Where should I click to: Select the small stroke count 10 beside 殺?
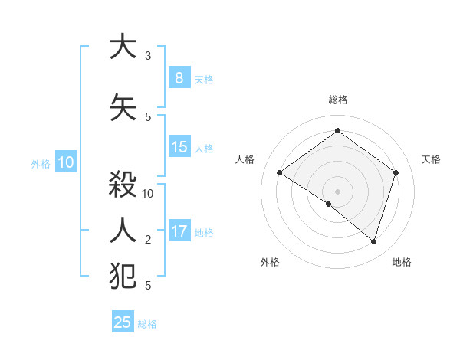tap(149, 194)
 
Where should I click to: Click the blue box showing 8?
tap(179, 77)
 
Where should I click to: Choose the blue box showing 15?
tap(179, 147)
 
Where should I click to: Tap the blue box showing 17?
tap(179, 231)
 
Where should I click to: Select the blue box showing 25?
tap(123, 322)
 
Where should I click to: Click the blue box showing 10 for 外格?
tap(65, 162)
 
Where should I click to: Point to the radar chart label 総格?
tap(338, 100)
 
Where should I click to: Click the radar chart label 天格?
tap(431, 159)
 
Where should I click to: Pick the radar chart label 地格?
tap(402, 262)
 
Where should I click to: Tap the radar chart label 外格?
tap(270, 262)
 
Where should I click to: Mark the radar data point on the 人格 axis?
tap(279, 173)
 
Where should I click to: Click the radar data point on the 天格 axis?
tap(396, 172)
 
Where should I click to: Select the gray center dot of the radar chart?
tap(337, 191)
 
